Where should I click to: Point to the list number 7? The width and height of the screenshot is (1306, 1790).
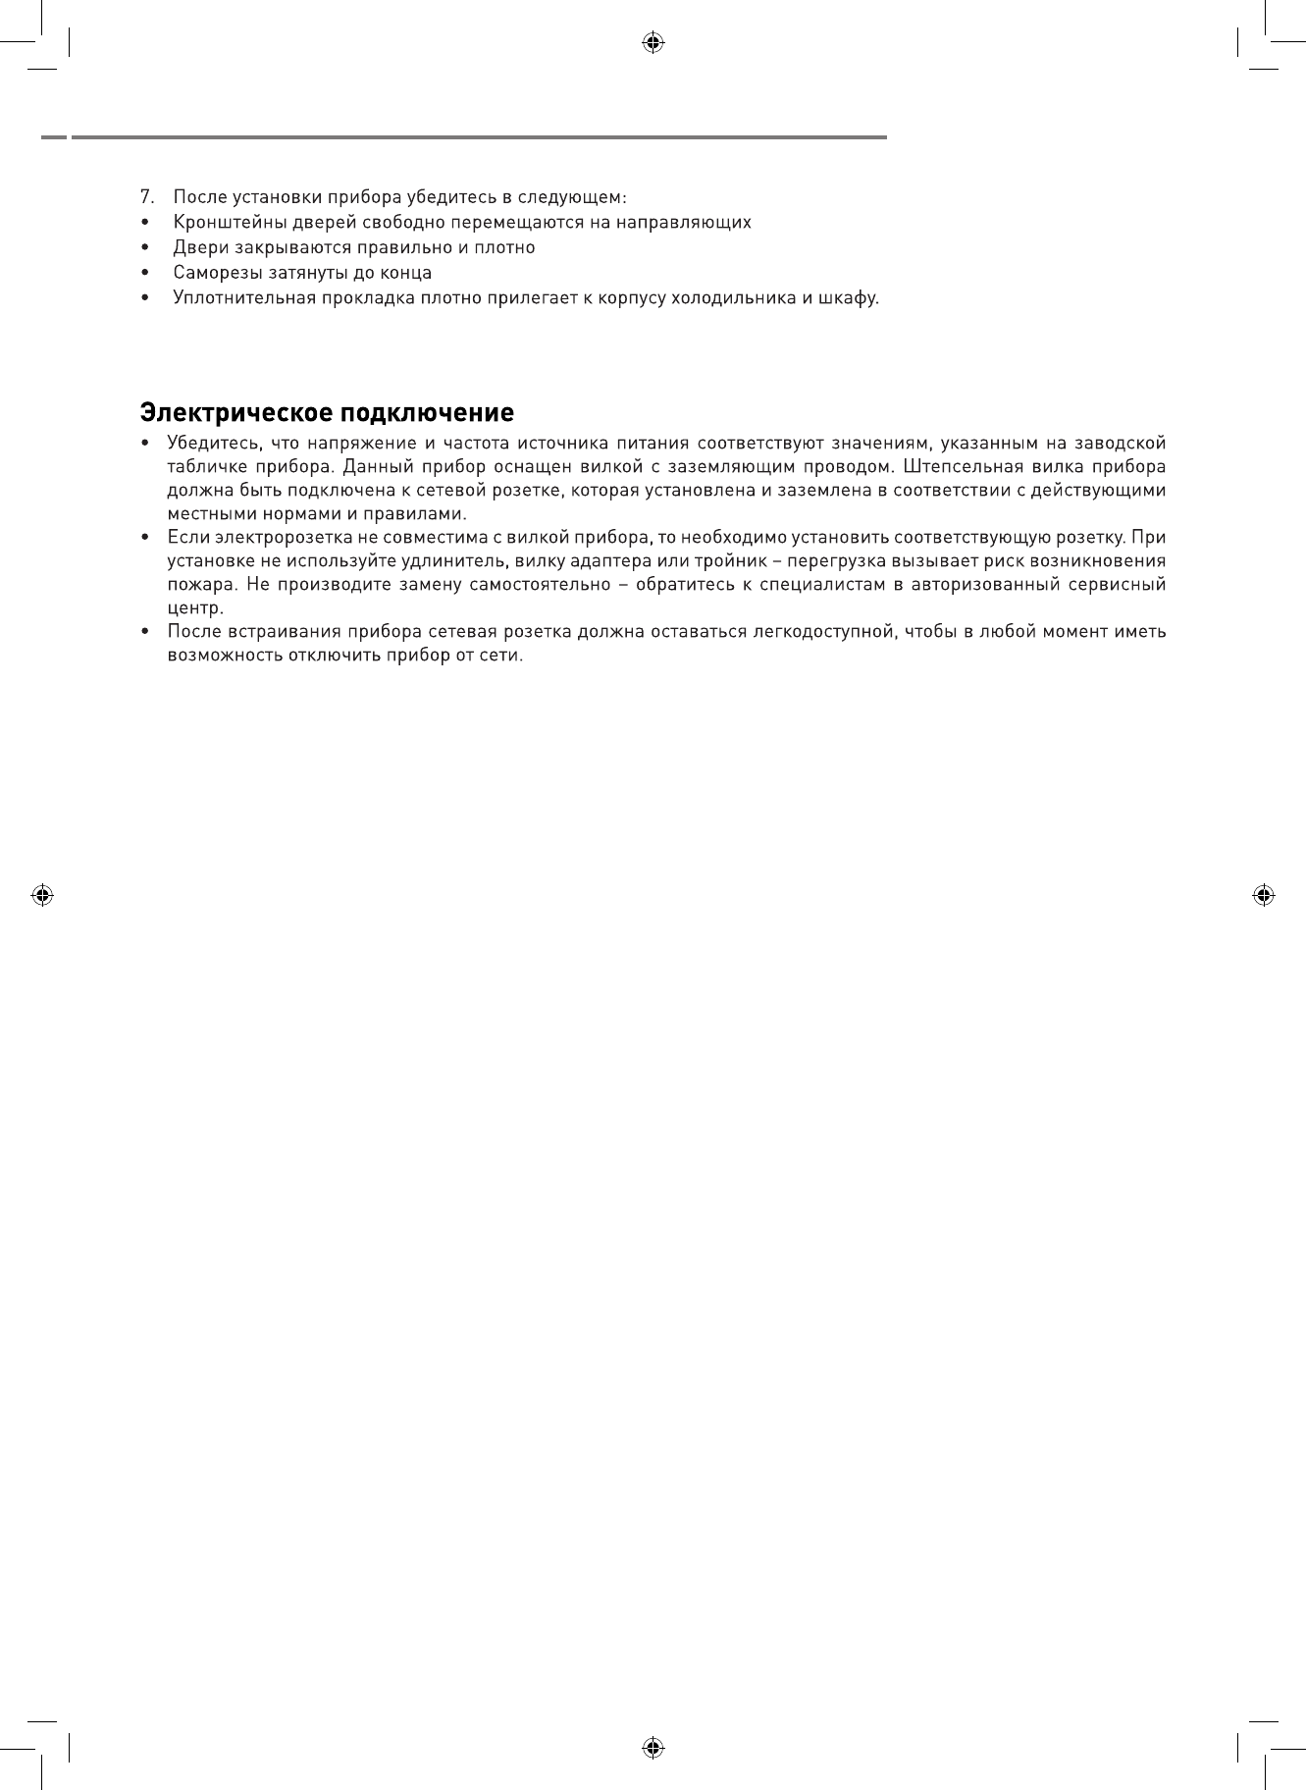click(x=146, y=196)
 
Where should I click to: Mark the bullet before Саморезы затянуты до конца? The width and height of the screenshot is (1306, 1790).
click(x=146, y=273)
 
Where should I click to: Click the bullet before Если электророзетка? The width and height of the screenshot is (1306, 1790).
click(x=146, y=538)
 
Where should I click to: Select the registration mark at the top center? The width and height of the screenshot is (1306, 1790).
click(x=653, y=42)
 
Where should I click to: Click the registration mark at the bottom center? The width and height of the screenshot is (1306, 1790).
click(x=653, y=1748)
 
